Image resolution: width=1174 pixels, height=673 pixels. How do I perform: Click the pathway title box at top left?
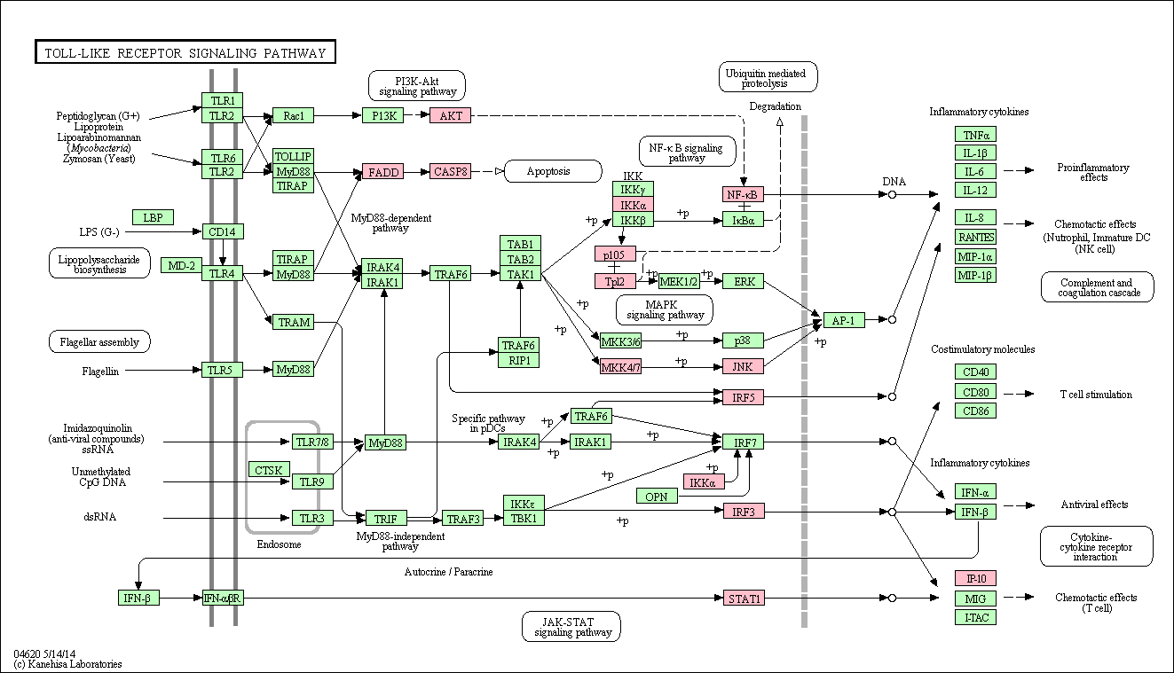(x=185, y=51)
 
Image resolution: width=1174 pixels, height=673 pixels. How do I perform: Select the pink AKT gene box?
(x=450, y=115)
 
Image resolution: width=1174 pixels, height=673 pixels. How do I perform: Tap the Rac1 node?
(x=293, y=115)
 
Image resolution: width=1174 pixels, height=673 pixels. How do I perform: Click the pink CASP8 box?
(x=450, y=171)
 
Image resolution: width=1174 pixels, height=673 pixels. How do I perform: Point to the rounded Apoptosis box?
(x=553, y=171)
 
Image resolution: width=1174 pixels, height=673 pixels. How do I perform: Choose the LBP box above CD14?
(x=153, y=217)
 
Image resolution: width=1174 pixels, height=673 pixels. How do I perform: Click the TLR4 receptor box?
(x=222, y=273)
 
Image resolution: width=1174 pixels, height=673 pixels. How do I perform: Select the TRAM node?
(x=293, y=322)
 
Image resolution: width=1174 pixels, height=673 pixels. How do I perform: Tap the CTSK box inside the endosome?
(x=268, y=470)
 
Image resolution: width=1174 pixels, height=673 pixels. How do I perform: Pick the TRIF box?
(x=386, y=519)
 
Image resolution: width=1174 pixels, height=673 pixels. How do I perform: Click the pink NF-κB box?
(x=743, y=194)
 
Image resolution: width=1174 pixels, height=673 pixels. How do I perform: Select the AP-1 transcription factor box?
(x=844, y=320)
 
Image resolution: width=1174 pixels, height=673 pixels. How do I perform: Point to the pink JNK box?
(x=743, y=366)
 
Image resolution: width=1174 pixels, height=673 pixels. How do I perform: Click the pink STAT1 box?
(x=744, y=598)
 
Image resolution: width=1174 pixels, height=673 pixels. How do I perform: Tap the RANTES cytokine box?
(x=975, y=237)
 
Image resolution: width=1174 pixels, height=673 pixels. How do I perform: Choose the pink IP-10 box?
(x=975, y=578)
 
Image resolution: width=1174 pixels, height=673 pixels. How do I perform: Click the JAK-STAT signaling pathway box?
(x=571, y=626)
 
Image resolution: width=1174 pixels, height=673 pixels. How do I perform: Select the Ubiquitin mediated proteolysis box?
(x=768, y=77)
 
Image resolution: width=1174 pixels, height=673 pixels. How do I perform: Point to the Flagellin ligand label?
(x=100, y=372)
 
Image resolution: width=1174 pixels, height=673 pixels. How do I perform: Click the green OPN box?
(x=657, y=496)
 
